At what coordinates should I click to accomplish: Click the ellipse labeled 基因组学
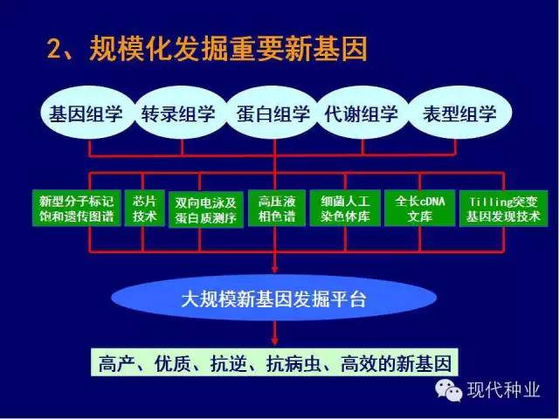click(x=87, y=113)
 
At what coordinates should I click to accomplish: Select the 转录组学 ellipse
click(x=181, y=113)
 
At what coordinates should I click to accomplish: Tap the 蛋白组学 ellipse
click(x=273, y=113)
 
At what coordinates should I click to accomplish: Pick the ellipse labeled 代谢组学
click(x=362, y=113)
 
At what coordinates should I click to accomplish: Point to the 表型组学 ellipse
click(x=460, y=113)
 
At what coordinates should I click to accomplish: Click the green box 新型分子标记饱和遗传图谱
click(x=77, y=209)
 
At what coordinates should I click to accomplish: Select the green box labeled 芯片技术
click(x=144, y=209)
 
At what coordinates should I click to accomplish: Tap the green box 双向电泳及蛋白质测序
click(x=206, y=209)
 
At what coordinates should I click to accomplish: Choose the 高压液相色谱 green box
click(x=277, y=209)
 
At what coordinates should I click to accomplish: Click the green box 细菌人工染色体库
click(x=345, y=209)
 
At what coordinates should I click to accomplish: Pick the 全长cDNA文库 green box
click(x=419, y=209)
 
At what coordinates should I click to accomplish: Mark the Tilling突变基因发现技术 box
click(x=503, y=209)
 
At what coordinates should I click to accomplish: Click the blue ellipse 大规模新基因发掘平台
click(x=273, y=298)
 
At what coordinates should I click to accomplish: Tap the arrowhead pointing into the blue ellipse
click(x=274, y=269)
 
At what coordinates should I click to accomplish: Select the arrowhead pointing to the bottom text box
click(x=274, y=341)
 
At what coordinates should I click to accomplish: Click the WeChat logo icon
click(x=448, y=389)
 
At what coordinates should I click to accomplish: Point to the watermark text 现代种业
click(x=503, y=389)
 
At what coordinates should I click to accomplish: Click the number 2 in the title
click(x=56, y=49)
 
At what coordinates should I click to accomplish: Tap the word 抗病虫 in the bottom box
click(x=293, y=364)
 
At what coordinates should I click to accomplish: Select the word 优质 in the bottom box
click(x=173, y=364)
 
